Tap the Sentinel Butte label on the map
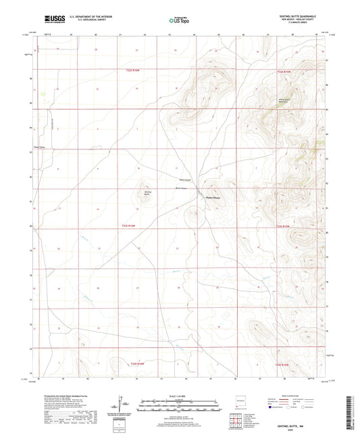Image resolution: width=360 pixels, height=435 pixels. (143, 193)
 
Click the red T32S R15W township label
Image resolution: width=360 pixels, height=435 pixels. (286, 70)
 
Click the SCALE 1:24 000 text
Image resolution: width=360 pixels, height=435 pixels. (179, 396)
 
